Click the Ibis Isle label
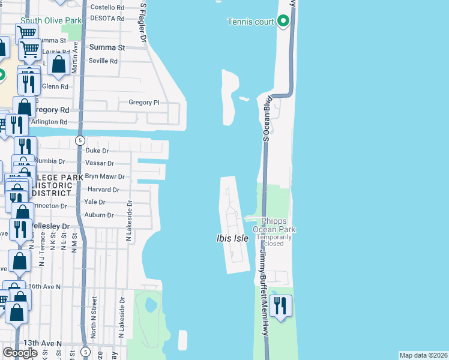(x=232, y=238)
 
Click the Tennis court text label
(x=250, y=22)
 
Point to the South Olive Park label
(x=50, y=20)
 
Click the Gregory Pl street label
(x=144, y=103)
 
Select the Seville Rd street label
(x=103, y=61)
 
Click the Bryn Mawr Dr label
(x=104, y=177)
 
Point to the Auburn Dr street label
(x=99, y=215)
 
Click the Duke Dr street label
(x=97, y=151)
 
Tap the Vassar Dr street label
(x=100, y=163)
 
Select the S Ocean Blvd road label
(x=265, y=119)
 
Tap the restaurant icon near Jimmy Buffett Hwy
(x=280, y=306)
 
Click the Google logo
(x=20, y=353)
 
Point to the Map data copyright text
(x=423, y=355)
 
